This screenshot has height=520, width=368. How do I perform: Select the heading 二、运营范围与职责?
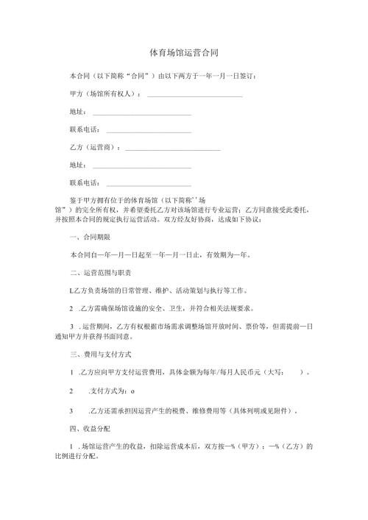tap(100, 273)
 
